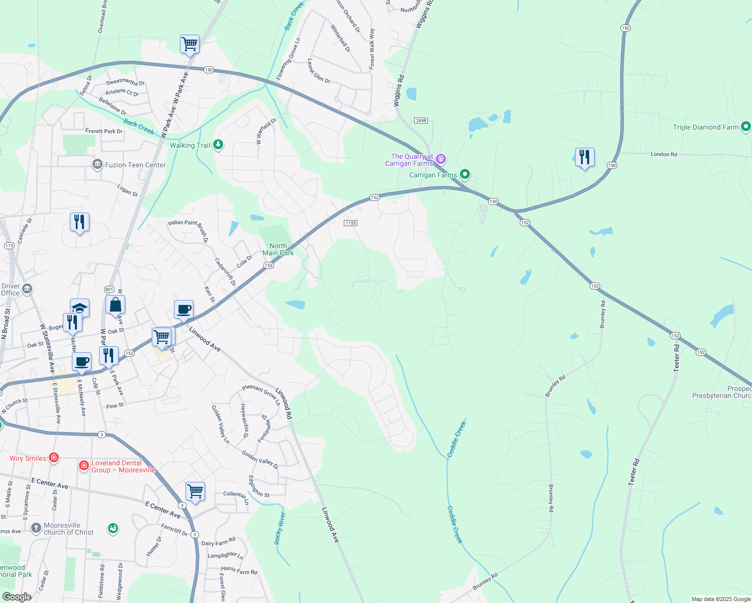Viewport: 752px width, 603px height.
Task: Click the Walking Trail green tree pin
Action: coord(218,145)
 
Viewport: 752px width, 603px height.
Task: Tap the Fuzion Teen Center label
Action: coord(135,165)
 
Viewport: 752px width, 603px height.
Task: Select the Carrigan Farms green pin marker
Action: coord(465,174)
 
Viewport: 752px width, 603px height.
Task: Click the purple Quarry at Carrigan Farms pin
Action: coord(441,159)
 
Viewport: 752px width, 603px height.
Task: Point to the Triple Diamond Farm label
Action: coord(706,127)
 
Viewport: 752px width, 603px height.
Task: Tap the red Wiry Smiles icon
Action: coord(54,458)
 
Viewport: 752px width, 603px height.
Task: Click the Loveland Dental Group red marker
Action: coord(84,466)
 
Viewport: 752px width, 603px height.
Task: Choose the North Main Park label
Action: coord(278,249)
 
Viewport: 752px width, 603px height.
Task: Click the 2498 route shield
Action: coord(421,121)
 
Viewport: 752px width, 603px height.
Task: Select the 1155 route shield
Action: coord(350,223)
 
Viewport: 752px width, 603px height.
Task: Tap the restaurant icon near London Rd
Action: coord(584,157)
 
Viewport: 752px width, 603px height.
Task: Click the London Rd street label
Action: coord(664,154)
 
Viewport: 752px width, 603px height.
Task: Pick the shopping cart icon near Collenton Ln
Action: coord(195,491)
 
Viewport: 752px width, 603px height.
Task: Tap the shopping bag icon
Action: coord(115,305)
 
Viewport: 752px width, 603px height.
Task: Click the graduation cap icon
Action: coord(79,307)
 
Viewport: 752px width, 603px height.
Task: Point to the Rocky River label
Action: coord(279,528)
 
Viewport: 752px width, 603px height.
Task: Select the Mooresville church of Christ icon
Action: coord(36,528)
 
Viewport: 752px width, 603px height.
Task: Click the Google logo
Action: coord(17,596)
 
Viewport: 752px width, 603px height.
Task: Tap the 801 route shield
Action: coord(109,289)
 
